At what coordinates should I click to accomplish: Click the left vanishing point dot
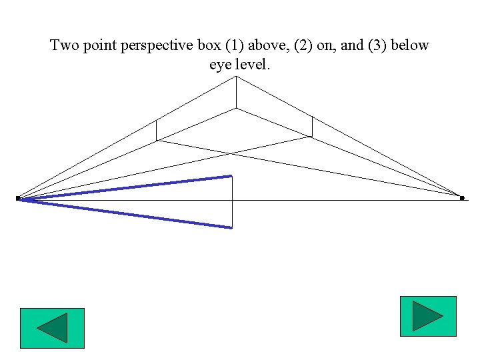coord(18,199)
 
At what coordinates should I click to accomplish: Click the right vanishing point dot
coord(462,198)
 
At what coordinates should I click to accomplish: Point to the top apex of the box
coord(236,77)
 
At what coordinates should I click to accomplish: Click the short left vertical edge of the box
coord(156,130)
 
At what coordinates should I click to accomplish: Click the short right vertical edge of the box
coord(312,126)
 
